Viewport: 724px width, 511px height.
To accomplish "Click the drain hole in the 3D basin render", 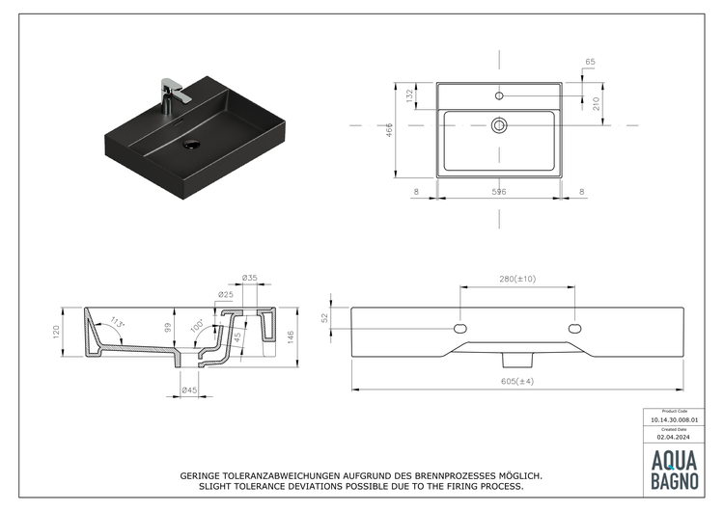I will tap(191, 146).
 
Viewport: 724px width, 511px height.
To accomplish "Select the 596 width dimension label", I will tap(499, 192).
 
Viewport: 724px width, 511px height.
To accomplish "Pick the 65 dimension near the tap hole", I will tap(590, 63).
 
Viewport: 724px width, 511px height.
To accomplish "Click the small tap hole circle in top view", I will tap(499, 95).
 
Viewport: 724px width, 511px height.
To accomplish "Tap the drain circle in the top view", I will tap(499, 124).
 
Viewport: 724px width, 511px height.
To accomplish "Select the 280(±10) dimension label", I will tap(517, 279).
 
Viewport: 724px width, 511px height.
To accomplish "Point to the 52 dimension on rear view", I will tap(326, 317).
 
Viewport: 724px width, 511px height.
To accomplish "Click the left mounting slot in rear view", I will tap(460, 329).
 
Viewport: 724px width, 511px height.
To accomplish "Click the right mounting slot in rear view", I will tap(575, 329).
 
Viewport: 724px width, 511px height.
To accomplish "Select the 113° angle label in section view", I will tap(118, 322).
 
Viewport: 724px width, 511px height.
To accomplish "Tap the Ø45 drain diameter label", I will tap(189, 390).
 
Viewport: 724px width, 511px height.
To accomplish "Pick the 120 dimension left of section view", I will tap(56, 333).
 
